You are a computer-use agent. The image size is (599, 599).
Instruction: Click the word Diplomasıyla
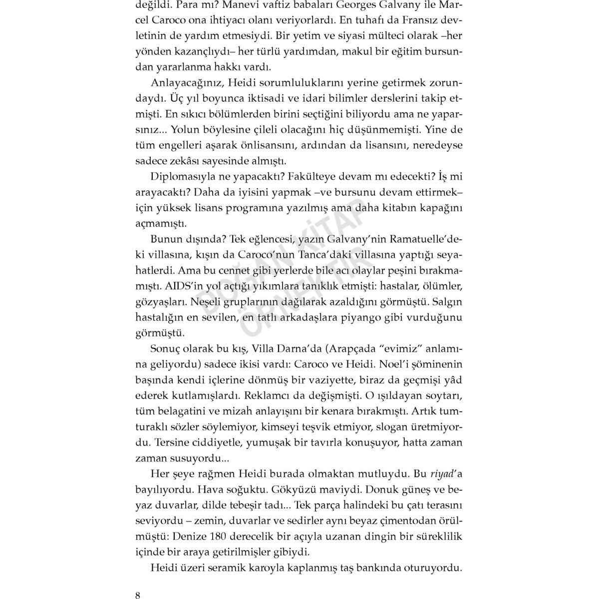coord(179,177)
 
